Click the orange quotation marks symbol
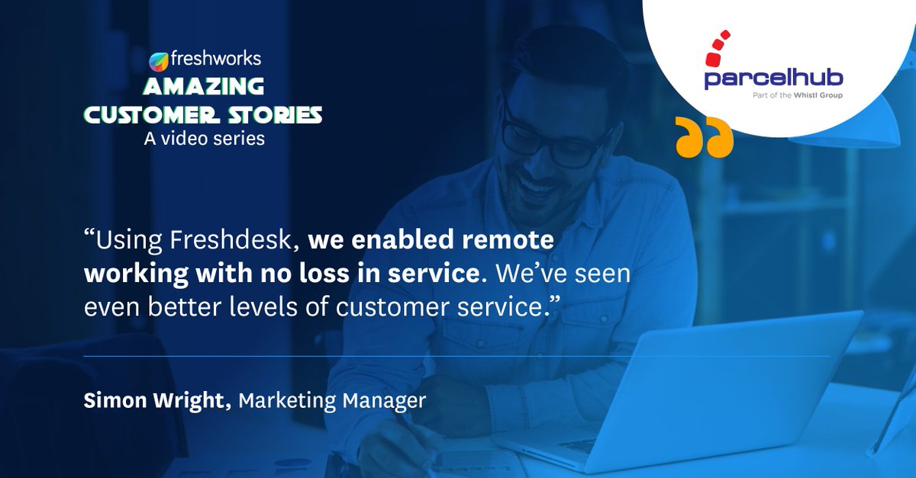pos(705,138)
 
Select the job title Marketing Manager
pos(332,401)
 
